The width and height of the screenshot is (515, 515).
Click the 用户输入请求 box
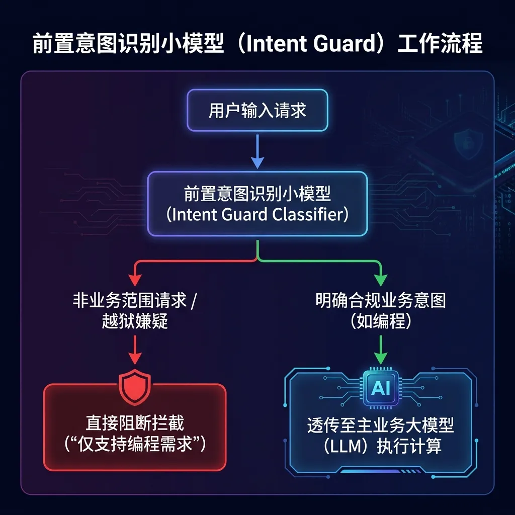click(x=257, y=110)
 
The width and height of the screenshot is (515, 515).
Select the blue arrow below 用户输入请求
click(x=257, y=151)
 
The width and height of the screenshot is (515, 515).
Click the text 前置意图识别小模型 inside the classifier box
click(x=257, y=194)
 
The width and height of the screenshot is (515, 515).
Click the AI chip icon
click(x=381, y=388)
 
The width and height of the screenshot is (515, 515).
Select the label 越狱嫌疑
click(x=135, y=321)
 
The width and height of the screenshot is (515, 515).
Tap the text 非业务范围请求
click(x=130, y=300)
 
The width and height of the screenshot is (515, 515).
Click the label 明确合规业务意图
click(x=381, y=300)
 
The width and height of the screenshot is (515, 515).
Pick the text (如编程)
click(x=381, y=321)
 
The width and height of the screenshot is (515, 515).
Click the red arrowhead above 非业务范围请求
click(x=135, y=280)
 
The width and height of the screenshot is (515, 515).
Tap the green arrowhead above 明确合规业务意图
click(x=381, y=280)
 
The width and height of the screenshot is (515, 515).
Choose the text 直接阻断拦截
click(x=135, y=423)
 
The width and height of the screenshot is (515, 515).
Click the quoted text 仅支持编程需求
click(x=135, y=444)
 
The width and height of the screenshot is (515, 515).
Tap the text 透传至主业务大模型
click(x=381, y=425)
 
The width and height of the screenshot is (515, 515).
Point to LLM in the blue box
click(x=342, y=446)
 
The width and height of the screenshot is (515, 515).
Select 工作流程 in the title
click(x=440, y=43)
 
